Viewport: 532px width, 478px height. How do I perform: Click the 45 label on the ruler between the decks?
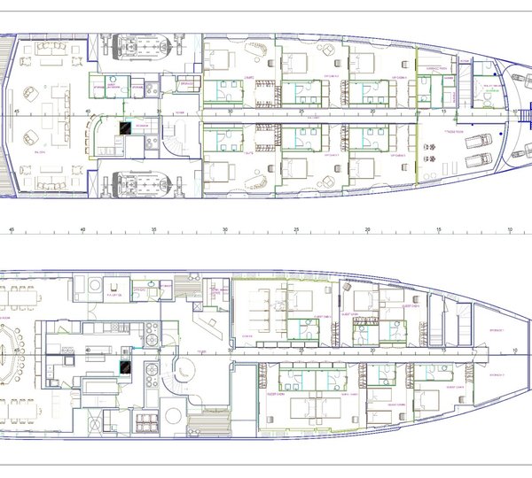tap(12, 229)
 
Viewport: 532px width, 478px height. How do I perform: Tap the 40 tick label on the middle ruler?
tap(82, 229)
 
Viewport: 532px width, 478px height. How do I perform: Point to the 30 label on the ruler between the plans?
tap(225, 229)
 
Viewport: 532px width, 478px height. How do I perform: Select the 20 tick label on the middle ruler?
tap(367, 229)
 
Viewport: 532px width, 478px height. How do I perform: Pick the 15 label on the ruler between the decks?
tap(438, 229)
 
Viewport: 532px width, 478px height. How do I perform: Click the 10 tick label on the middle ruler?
tap(509, 229)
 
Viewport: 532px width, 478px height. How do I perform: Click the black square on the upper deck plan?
tap(128, 128)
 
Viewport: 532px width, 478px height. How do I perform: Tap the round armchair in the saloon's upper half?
tap(31, 90)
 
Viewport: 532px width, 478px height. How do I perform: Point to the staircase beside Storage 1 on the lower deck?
tap(462, 327)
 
